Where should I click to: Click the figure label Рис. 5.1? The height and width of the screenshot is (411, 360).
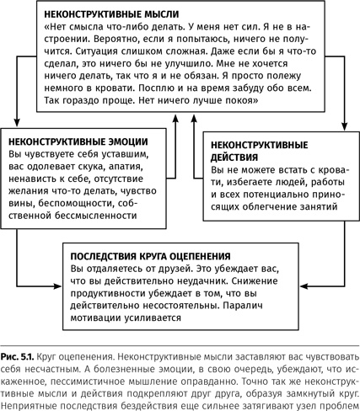coord(22,346)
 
